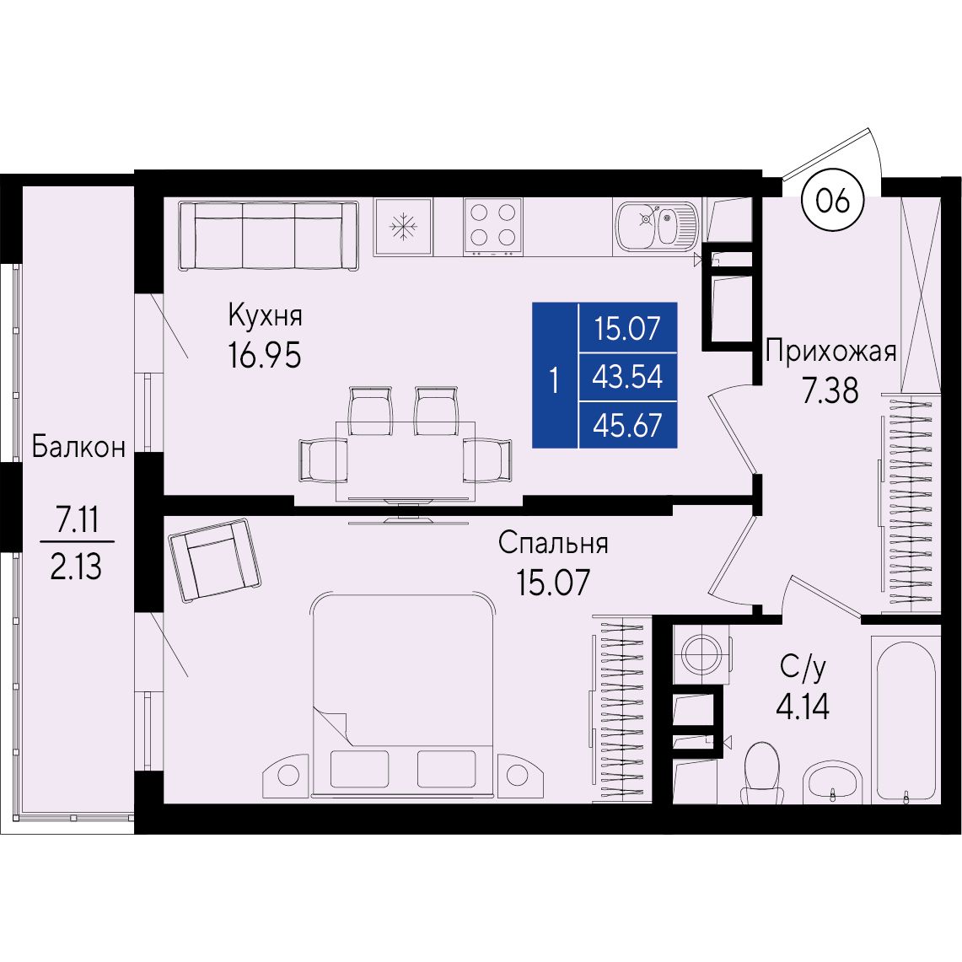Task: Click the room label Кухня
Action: pos(265,316)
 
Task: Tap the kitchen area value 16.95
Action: pos(265,355)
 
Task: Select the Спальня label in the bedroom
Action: pos(553,543)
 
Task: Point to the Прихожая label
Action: pos(831,352)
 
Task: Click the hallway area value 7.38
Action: pos(831,391)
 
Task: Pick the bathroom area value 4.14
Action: pos(803,707)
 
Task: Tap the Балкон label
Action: pos(78,447)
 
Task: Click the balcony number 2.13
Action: pos(76,567)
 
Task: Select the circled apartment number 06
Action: pos(833,201)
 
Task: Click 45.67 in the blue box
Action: pos(627,425)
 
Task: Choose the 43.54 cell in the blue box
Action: pos(627,376)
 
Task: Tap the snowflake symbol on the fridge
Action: pos(403,227)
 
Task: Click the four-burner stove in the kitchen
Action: pos(492,227)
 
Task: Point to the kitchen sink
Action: pos(657,225)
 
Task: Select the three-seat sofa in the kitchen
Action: pos(268,235)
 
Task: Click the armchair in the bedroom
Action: pos(215,560)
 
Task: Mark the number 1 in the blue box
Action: pos(555,380)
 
